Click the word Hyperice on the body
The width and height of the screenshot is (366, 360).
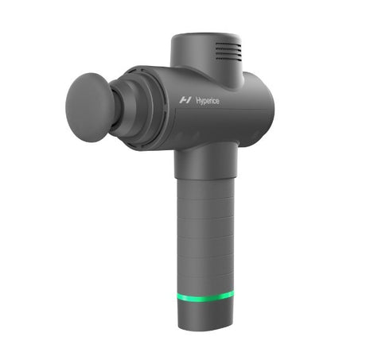208,101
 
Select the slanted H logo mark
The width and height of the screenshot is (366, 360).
185,100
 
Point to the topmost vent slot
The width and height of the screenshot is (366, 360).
228,45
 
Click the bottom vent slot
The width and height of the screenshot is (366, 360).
228,57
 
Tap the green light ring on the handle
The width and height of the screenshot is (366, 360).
205,298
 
